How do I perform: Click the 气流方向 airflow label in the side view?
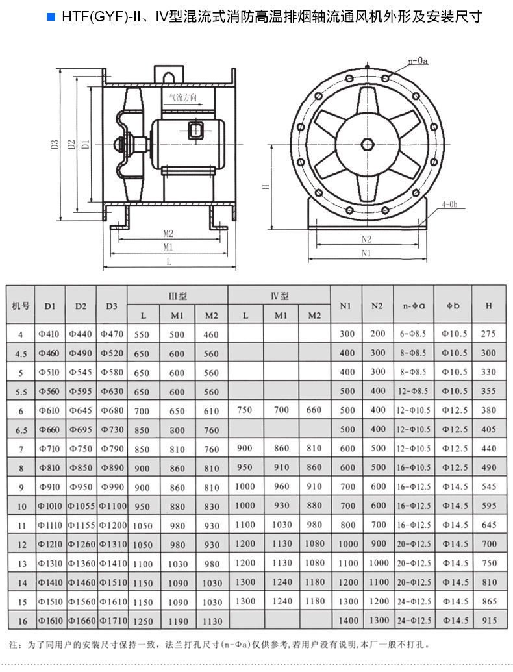(x=182, y=98)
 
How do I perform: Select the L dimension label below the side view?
(x=169, y=261)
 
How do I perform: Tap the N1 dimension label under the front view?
(x=367, y=253)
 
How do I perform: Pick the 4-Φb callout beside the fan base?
(x=449, y=205)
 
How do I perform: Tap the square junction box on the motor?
(x=195, y=131)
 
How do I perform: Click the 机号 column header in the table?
(x=20, y=305)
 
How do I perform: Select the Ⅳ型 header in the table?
(x=280, y=296)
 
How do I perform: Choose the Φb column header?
(x=453, y=305)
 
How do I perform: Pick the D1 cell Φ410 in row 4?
(x=49, y=334)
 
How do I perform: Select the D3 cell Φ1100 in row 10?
(x=112, y=506)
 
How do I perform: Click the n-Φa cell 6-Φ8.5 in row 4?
(x=413, y=334)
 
